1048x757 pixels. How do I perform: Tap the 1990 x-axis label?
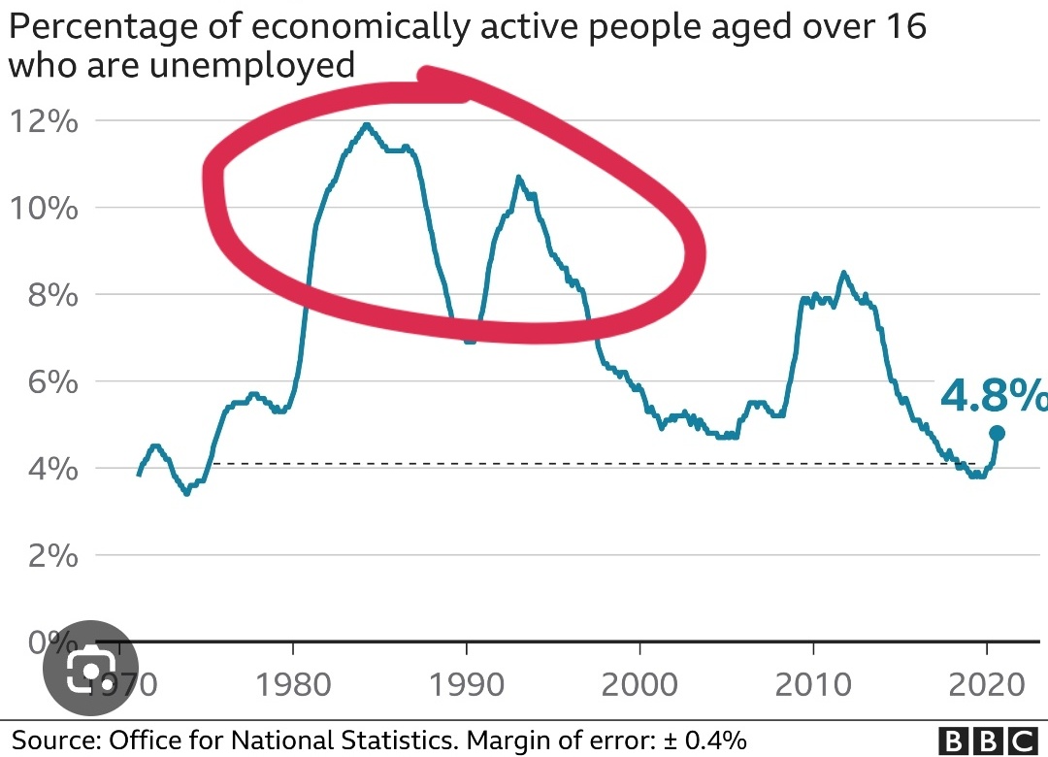pyautogui.click(x=467, y=685)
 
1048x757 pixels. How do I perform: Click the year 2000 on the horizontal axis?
pyautogui.click(x=640, y=685)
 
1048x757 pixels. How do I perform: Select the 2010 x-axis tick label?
pyautogui.click(x=813, y=685)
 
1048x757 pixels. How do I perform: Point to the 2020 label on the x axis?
pyautogui.click(x=987, y=685)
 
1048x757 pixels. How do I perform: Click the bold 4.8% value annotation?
pyautogui.click(x=993, y=397)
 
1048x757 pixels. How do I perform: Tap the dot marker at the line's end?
pyautogui.click(x=996, y=433)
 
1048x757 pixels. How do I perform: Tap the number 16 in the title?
pyautogui.click(x=901, y=26)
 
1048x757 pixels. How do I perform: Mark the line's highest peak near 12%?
pyautogui.click(x=367, y=124)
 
